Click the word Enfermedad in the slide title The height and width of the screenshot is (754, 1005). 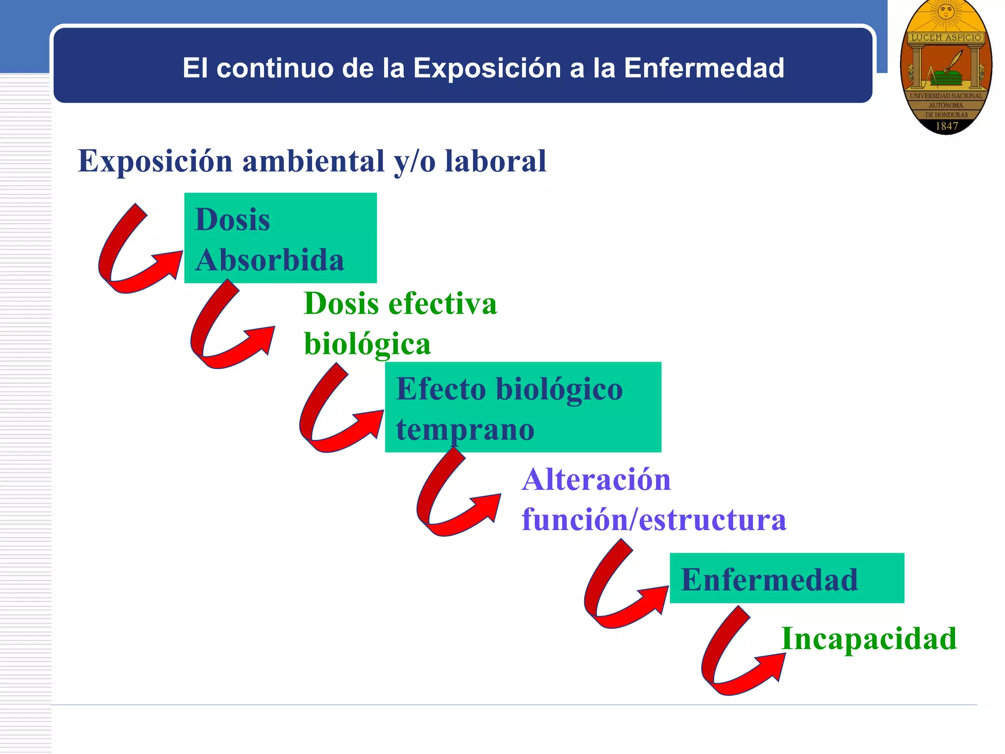704,68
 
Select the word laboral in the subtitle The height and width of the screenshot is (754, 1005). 495,161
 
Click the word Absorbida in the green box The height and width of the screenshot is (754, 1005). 269,260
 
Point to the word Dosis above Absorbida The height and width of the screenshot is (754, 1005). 232,219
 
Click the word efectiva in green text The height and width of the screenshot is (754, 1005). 443,303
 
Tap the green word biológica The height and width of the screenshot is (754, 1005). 367,344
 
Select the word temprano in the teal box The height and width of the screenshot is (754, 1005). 465,430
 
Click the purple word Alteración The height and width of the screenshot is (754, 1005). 596,479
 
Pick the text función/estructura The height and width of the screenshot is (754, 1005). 654,519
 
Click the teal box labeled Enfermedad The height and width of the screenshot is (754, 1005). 787,578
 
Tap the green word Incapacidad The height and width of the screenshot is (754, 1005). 869,639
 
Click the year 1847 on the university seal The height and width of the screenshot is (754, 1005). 946,126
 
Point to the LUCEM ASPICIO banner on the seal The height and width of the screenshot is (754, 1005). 946,38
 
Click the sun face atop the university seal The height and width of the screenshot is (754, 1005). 946,11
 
